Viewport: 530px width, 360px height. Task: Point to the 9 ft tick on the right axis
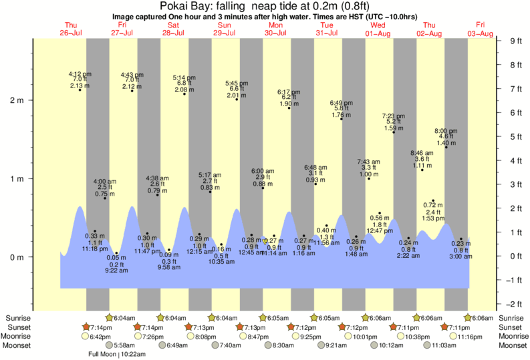[513, 41]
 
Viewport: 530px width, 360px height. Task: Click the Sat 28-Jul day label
[172, 29]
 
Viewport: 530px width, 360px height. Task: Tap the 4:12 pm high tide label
[80, 74]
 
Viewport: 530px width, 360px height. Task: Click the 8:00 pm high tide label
[446, 131]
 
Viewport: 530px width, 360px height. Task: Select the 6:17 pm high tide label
[289, 92]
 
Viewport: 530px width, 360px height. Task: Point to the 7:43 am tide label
[369, 162]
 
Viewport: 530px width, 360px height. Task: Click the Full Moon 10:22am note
[118, 354]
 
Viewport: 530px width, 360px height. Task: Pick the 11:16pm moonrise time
[456, 337]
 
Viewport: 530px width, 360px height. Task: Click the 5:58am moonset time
[125, 345]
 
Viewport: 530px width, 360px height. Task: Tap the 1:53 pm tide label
[433, 218]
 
